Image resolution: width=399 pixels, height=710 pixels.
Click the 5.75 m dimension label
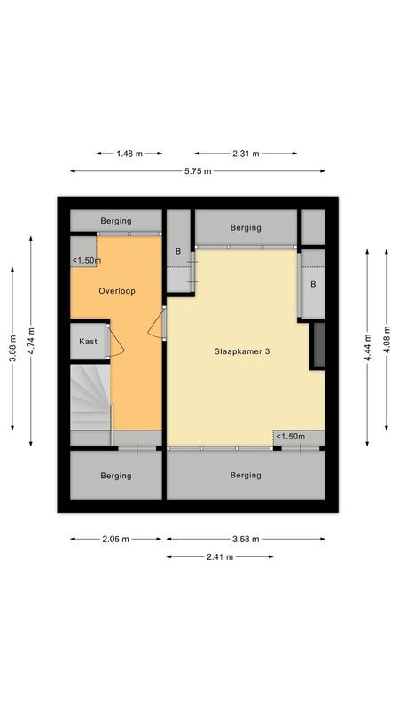[199, 171]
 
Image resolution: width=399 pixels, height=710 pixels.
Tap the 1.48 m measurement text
[129, 154]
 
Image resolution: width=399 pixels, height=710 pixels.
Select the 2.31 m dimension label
[246, 154]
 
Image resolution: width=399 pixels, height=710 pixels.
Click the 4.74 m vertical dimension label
[32, 340]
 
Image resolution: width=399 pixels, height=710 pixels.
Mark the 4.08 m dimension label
[387, 340]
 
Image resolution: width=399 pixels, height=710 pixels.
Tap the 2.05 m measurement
[116, 539]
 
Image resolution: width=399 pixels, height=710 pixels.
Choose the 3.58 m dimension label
[246, 539]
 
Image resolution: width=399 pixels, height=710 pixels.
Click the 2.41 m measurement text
[219, 556]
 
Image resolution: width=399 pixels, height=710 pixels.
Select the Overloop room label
[116, 290]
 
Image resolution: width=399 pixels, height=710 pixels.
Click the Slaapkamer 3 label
[242, 351]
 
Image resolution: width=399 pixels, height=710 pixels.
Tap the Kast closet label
[88, 341]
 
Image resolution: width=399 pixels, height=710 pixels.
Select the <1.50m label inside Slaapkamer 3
[290, 437]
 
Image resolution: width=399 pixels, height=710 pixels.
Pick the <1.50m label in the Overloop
[86, 260]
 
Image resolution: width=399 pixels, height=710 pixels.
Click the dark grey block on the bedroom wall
[318, 345]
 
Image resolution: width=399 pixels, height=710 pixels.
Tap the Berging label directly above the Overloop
[115, 221]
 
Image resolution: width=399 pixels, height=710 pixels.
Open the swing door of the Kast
[114, 340]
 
